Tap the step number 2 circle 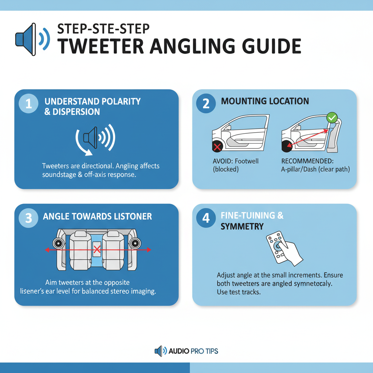pos(206,104)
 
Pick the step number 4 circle pos(206,218)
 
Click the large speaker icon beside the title pos(31,39)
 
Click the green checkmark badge pos(331,117)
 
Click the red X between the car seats pos(97,250)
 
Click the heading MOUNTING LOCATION pos(265,101)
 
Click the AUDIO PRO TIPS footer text pos(193,351)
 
